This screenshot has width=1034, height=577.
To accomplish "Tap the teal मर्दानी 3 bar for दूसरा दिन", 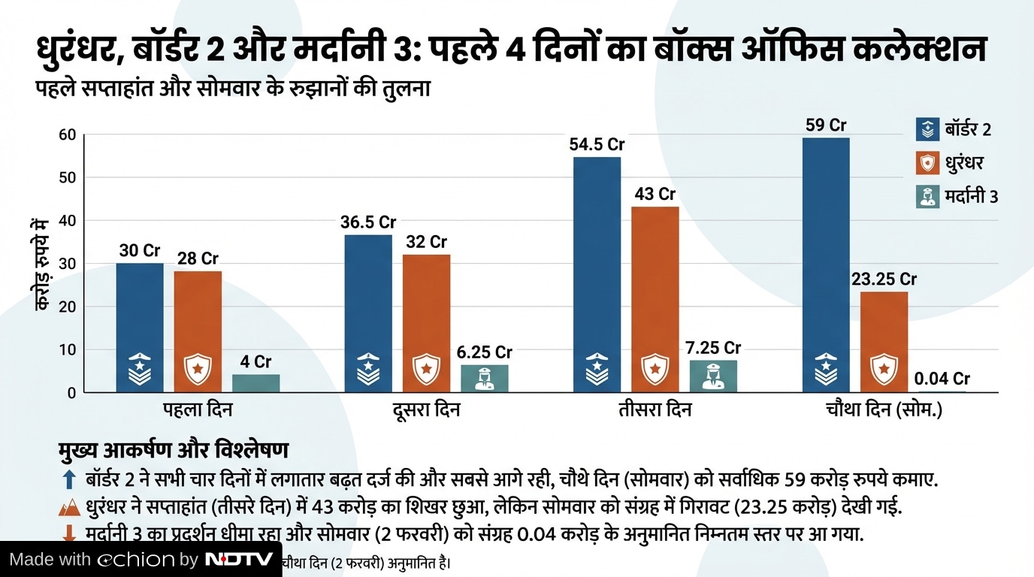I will click(484, 378).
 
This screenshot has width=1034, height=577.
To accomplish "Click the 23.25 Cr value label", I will click(884, 279).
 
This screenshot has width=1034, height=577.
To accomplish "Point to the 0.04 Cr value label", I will click(942, 379).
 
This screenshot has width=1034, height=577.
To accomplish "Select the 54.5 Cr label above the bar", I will click(597, 144).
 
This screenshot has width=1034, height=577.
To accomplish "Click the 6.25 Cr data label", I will click(485, 352).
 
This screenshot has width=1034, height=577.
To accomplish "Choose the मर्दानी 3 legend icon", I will click(928, 197).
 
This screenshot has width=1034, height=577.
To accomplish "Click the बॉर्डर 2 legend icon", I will click(928, 129).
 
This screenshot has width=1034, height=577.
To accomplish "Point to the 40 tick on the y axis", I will click(68, 221).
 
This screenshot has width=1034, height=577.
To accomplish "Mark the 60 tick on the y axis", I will click(68, 135).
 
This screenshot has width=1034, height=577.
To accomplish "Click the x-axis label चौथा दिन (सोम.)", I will click(884, 410).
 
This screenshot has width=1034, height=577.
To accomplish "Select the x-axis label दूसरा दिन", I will click(426, 410).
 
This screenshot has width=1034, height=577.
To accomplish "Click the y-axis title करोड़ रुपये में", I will click(42, 264).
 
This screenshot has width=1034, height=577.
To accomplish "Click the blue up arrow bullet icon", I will click(69, 479).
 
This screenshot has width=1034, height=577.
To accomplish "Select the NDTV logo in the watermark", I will click(239, 560).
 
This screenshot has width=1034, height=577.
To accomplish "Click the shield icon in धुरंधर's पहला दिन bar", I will click(198, 368).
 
